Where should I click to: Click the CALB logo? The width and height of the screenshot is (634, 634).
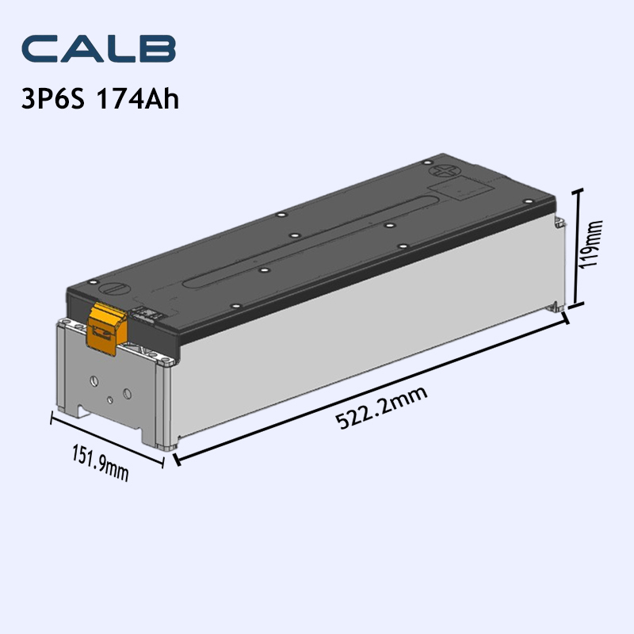tap(98, 49)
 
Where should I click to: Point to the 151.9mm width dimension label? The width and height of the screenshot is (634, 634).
tap(101, 463)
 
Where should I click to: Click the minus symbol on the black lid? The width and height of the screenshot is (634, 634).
tap(113, 290)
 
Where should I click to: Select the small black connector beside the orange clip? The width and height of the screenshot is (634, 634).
tap(147, 314)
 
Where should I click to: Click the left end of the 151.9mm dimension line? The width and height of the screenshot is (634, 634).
tap(52, 418)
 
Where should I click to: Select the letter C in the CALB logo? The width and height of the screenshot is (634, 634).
tap(41, 49)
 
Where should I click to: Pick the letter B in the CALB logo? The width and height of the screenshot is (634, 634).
tap(156, 49)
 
